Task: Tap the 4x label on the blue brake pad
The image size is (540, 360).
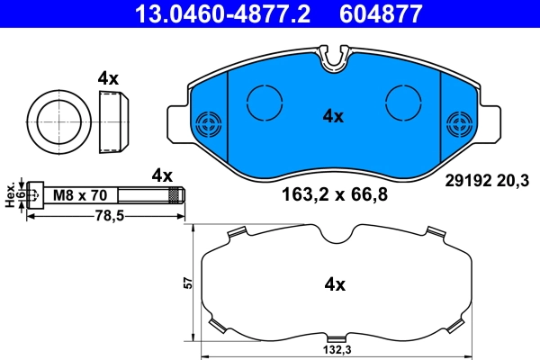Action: pyautogui.click(x=334, y=116)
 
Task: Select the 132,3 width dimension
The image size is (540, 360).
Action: pyautogui.click(x=337, y=349)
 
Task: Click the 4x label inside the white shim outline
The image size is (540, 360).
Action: pyautogui.click(x=335, y=285)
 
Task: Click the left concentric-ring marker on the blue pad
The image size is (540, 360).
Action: pyautogui.click(x=209, y=124)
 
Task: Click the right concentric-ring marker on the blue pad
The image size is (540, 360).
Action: pyautogui.click(x=460, y=124)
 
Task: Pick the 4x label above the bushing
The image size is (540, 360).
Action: pyautogui.click(x=108, y=78)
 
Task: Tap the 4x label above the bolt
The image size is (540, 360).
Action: pyautogui.click(x=162, y=175)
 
